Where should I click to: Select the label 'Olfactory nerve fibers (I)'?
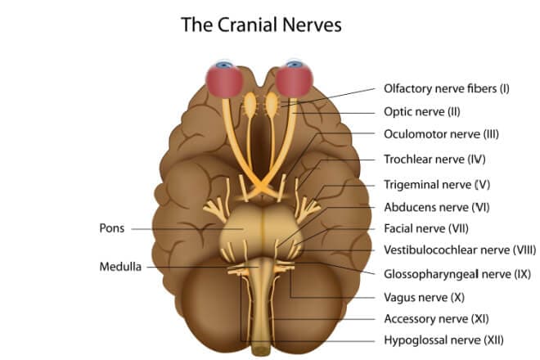point(446,88)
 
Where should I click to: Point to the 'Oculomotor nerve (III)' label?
point(441,134)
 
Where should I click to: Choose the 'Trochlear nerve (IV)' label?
point(435,159)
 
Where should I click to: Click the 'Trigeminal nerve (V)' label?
point(436,184)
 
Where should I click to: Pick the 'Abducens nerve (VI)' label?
point(434,206)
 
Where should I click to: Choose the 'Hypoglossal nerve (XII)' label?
point(443,340)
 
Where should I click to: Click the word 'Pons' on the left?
point(111,228)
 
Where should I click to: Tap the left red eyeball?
point(223,81)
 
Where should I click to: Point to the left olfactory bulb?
point(250,104)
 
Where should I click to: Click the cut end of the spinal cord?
point(261,350)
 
